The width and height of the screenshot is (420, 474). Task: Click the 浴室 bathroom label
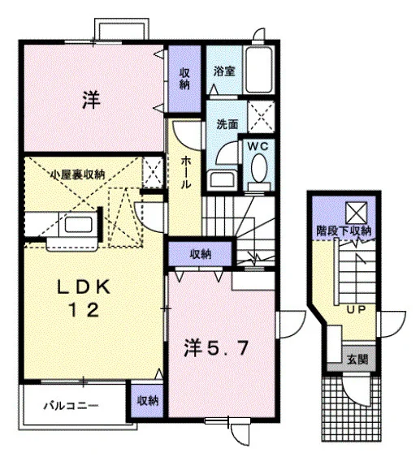pos(224,71)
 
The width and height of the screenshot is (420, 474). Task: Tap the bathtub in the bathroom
pos(259,70)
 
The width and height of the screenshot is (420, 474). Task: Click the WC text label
pos(258,146)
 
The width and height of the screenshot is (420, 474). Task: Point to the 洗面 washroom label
pos(227,124)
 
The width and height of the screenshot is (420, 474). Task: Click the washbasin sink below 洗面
pos(222,179)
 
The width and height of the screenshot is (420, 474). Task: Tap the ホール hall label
pos(186,173)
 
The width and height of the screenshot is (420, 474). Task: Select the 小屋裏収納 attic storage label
pos(77,175)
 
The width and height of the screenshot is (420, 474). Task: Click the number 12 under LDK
pos(84,310)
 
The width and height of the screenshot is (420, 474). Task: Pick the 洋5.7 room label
pos(217,349)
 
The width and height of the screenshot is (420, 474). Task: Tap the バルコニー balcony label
pos(71,406)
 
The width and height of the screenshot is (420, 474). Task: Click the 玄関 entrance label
pos(357,359)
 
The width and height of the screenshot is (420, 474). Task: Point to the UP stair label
pos(356,309)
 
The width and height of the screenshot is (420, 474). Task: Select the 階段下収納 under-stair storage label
pos(344,231)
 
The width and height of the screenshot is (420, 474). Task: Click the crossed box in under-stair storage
pos(357,213)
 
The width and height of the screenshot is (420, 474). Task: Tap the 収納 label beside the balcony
pos(148,401)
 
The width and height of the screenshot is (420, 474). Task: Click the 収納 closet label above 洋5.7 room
pos(201,255)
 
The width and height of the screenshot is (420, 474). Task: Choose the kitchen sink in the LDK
pos(78,224)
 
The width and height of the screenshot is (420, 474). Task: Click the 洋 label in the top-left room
pos(91,100)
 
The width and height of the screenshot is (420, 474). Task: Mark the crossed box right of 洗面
pos(262,117)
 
